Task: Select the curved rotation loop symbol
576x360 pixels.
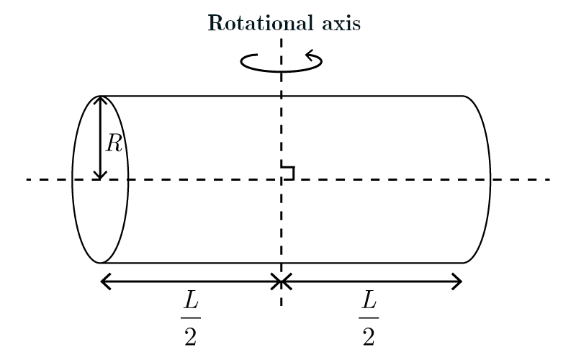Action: (281, 63)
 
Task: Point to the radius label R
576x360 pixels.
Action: (114, 143)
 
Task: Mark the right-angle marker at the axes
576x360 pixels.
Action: (288, 172)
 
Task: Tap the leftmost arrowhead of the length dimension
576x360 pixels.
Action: (104, 282)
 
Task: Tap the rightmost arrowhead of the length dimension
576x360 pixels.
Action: (458, 282)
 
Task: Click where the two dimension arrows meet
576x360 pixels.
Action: (281, 282)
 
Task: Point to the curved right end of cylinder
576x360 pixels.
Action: (490, 179)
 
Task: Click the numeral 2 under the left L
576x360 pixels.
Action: (190, 336)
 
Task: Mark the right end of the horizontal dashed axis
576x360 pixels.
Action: (549, 179)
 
